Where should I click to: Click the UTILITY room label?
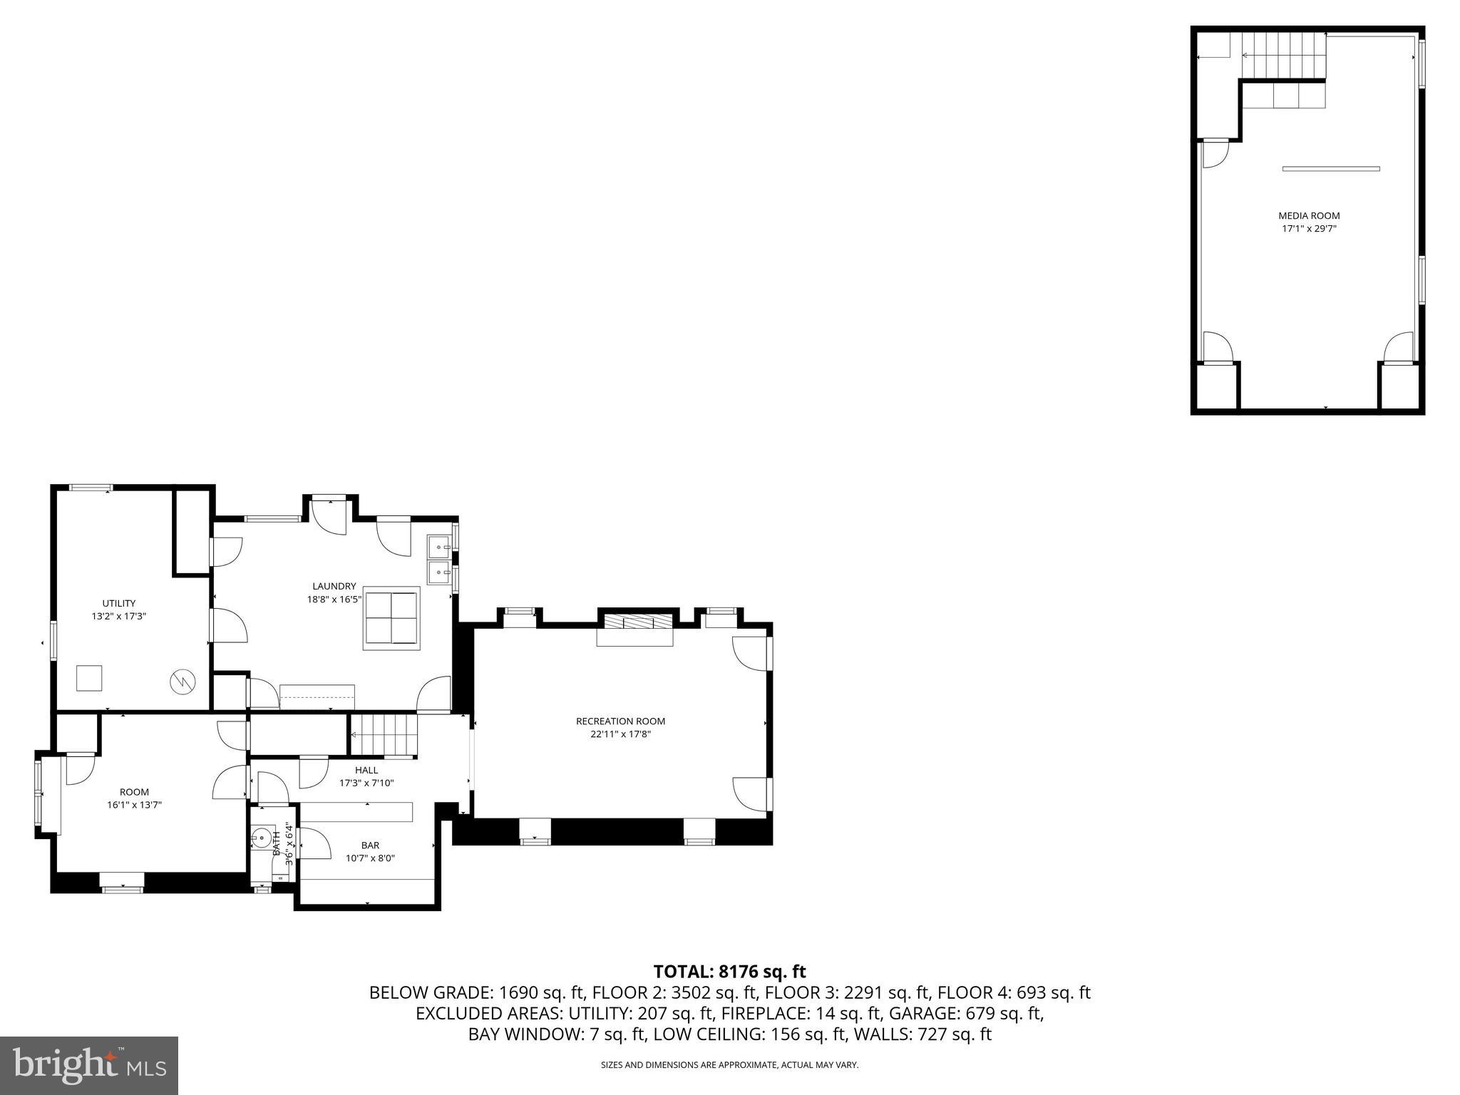pyautogui.click(x=118, y=603)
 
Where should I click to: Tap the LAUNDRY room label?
pyautogui.click(x=334, y=586)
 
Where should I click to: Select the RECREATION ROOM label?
pyautogui.click(x=620, y=721)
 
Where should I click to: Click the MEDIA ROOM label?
pyautogui.click(x=1309, y=215)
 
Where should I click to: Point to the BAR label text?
pyautogui.click(x=370, y=845)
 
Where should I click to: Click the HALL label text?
pyautogui.click(x=366, y=770)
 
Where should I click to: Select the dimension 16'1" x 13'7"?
pyautogui.click(x=135, y=805)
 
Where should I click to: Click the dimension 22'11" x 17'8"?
pyautogui.click(x=620, y=734)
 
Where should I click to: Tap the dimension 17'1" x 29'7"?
pyautogui.click(x=1309, y=229)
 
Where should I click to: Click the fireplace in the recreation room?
pyautogui.click(x=635, y=622)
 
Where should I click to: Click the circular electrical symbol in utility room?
pyautogui.click(x=182, y=682)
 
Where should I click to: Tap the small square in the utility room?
pyautogui.click(x=89, y=678)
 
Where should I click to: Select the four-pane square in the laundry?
pyautogui.click(x=391, y=617)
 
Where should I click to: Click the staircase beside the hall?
pyautogui.click(x=383, y=735)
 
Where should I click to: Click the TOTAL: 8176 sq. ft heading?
pyautogui.click(x=729, y=971)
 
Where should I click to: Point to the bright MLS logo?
pyautogui.click(x=89, y=1066)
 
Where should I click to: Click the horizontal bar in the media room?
pyautogui.click(x=1330, y=169)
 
